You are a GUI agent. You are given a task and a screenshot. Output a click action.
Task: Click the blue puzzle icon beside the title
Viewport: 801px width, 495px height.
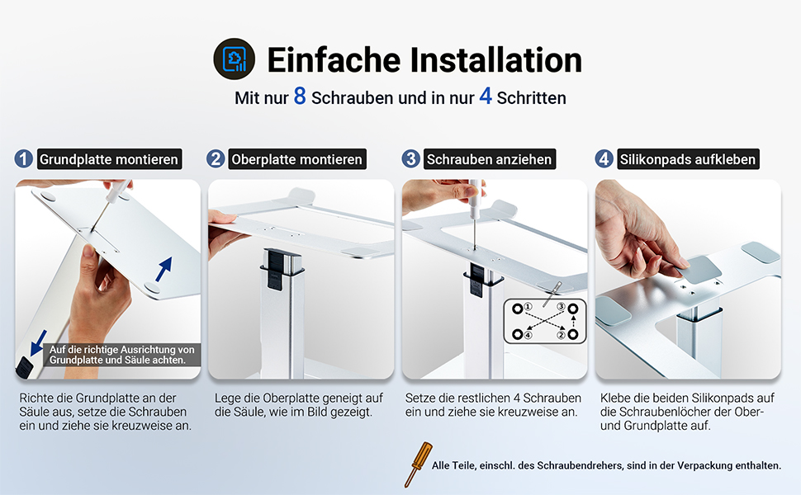pyautogui.click(x=235, y=59)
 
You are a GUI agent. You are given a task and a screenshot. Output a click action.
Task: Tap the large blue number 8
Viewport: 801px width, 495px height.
pyautogui.click(x=300, y=96)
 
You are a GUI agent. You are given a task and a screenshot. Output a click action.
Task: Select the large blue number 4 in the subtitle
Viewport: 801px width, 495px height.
pyautogui.click(x=486, y=96)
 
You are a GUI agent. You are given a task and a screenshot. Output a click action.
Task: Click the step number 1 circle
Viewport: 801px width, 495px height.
pyautogui.click(x=23, y=158)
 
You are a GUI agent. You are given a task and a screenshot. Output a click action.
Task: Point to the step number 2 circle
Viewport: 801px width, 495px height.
pyautogui.click(x=216, y=158)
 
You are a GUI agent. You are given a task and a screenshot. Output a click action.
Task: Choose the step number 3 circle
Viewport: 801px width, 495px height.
pyautogui.click(x=410, y=158)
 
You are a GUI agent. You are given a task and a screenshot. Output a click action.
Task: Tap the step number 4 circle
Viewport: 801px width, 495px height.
pyautogui.click(x=604, y=158)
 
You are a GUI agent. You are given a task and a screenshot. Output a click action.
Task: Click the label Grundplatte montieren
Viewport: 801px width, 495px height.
pyautogui.click(x=109, y=159)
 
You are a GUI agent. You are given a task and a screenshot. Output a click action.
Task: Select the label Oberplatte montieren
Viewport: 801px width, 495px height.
pyautogui.click(x=296, y=159)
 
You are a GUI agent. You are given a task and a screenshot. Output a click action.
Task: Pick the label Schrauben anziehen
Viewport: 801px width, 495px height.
pyautogui.click(x=490, y=159)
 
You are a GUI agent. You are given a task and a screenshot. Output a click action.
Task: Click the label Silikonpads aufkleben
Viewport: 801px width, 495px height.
pyautogui.click(x=688, y=159)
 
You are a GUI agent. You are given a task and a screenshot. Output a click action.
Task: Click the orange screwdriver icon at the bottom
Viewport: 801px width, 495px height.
pyautogui.click(x=418, y=464)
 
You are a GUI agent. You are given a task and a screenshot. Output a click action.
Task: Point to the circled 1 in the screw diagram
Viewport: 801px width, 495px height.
pyautogui.click(x=528, y=307)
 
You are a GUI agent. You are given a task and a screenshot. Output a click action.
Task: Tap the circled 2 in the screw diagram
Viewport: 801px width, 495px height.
pyautogui.click(x=561, y=335)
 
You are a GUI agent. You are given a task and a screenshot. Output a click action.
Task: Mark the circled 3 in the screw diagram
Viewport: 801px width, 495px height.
pyautogui.click(x=561, y=307)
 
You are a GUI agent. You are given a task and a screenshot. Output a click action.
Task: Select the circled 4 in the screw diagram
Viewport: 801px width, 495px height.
pyautogui.click(x=528, y=335)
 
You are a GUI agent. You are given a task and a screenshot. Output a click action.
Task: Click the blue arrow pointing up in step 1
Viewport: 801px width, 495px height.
pyautogui.click(x=164, y=268)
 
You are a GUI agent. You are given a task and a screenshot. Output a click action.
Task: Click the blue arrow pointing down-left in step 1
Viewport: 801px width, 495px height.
pyautogui.click(x=38, y=342)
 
